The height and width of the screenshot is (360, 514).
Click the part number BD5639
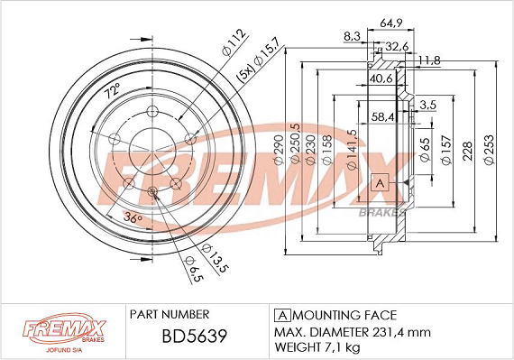(195, 336)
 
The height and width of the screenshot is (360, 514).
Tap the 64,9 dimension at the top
(391, 23)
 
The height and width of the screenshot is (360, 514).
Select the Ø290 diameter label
(279, 150)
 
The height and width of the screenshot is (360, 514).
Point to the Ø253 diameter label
(489, 150)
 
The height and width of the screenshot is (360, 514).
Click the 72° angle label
(113, 91)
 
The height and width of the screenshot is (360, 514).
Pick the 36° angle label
(133, 217)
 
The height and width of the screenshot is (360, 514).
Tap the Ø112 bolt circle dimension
(234, 42)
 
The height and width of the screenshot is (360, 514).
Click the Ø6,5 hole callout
(194, 269)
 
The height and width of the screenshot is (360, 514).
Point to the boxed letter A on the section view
(380, 182)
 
